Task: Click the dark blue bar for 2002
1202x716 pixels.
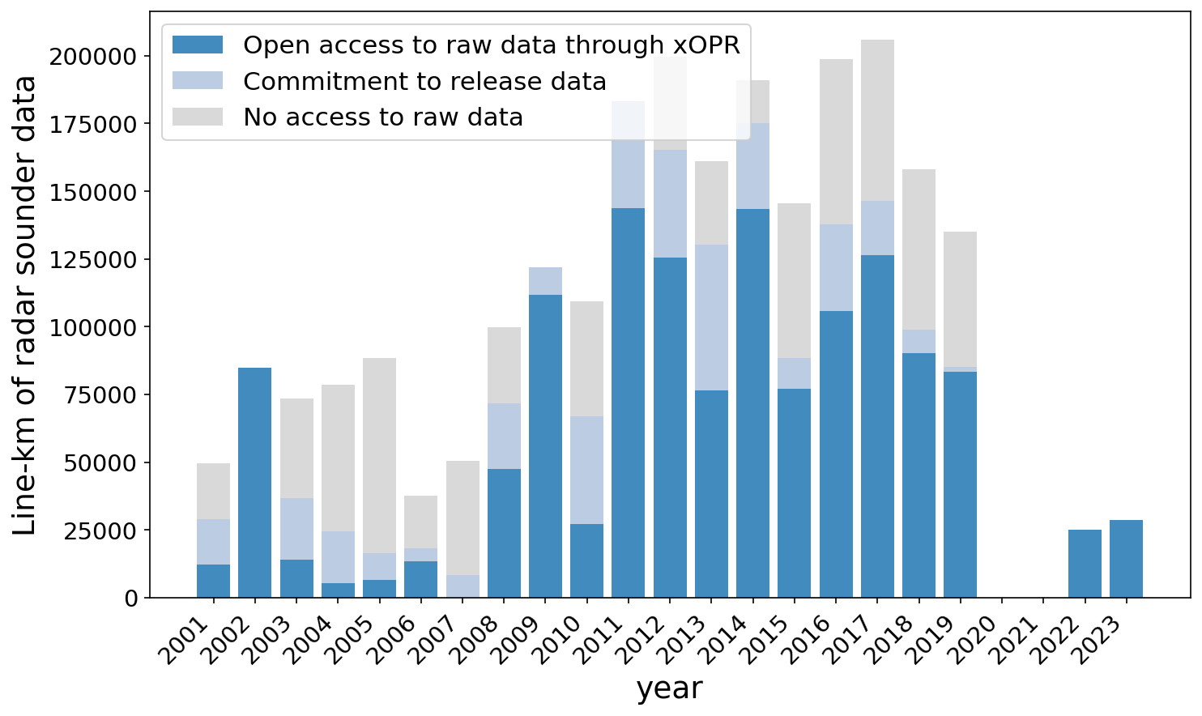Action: [x=255, y=483]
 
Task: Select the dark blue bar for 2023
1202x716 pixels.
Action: [x=1126, y=559]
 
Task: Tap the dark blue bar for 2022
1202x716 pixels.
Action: [x=1085, y=564]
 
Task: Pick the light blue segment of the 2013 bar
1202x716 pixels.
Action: [x=711, y=318]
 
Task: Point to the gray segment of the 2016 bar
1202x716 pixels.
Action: [x=836, y=142]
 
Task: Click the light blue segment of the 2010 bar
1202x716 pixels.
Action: [x=586, y=470]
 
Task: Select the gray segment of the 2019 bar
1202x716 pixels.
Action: [x=960, y=299]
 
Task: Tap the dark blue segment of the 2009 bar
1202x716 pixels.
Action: [x=545, y=446]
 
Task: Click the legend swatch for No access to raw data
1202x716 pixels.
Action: [x=198, y=117]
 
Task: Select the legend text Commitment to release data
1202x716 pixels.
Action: [x=424, y=82]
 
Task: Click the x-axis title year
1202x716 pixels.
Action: [x=669, y=688]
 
